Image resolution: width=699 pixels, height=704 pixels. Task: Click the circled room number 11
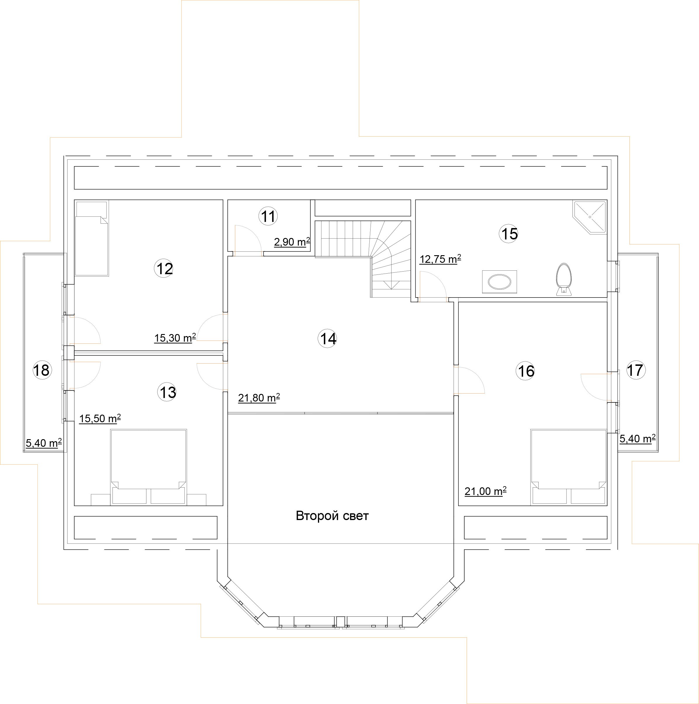click(268, 216)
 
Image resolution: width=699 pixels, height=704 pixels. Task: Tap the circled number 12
click(164, 269)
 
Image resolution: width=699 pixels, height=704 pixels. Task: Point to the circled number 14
click(328, 338)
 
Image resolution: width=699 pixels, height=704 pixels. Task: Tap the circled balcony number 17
click(636, 370)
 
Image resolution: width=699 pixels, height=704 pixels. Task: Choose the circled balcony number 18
click(42, 370)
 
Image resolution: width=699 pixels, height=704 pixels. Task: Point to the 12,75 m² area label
click(440, 259)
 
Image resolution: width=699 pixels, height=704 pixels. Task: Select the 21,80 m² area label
click(259, 397)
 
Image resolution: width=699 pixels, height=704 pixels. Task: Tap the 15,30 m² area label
click(175, 338)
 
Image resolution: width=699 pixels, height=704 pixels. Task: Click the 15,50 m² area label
click(100, 418)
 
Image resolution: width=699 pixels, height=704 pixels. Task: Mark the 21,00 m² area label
click(485, 491)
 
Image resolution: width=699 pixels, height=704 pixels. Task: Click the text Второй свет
click(332, 516)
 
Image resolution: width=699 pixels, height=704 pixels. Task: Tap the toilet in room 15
click(564, 279)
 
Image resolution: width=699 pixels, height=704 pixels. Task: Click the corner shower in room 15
click(590, 217)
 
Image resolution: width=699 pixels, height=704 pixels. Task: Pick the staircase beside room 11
click(363, 259)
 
